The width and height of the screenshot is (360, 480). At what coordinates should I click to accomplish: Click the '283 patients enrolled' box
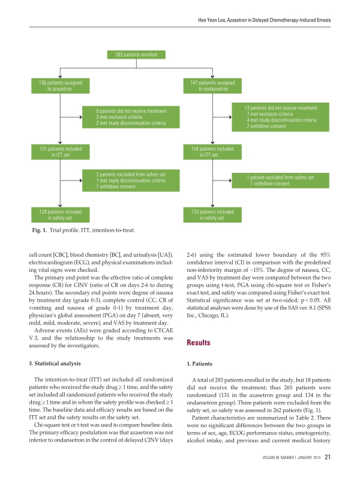coord(136,55)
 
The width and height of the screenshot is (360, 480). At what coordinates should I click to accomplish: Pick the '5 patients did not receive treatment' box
coord(131,117)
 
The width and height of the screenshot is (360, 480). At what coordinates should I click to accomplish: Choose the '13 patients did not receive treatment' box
coord(281,117)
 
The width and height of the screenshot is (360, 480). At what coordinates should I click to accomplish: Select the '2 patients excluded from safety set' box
coord(131,180)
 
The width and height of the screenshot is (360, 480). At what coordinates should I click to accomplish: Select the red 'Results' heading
coord(199,344)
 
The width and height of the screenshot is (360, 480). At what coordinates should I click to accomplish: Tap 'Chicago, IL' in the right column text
coord(221,313)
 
